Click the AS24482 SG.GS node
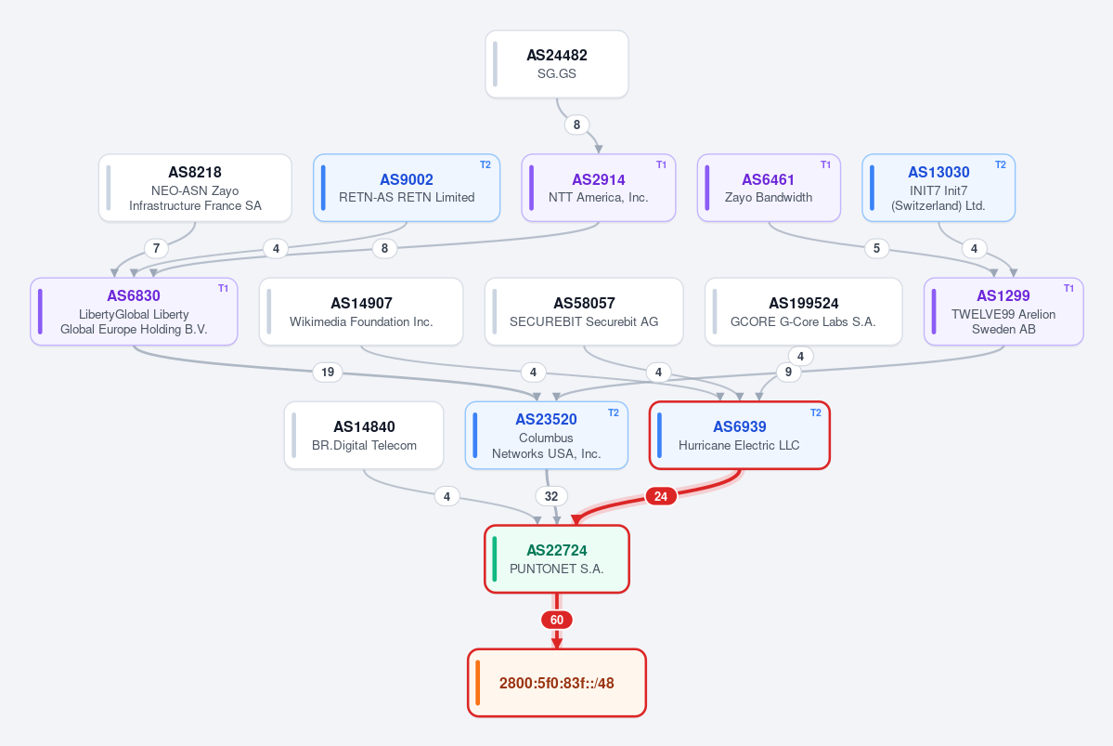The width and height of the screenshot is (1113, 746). click(x=557, y=64)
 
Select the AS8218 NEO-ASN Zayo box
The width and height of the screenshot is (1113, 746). click(x=195, y=188)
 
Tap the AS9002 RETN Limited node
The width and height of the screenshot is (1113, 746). click(x=407, y=188)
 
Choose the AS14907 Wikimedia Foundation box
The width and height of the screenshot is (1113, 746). click(x=361, y=311)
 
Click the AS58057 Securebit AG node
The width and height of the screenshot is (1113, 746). click(x=584, y=311)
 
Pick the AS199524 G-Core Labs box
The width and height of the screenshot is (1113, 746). click(x=804, y=311)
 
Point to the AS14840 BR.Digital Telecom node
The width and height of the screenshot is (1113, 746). click(x=364, y=436)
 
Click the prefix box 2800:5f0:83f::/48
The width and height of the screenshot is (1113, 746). click(x=557, y=683)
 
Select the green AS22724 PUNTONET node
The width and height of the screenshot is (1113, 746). click(x=557, y=559)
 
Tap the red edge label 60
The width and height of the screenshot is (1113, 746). click(x=557, y=621)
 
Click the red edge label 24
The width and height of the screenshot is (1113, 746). click(x=661, y=496)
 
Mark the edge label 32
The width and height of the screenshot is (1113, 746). click(x=551, y=496)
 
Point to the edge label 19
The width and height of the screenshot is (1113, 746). click(x=328, y=373)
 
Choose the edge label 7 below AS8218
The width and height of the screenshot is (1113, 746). click(x=156, y=248)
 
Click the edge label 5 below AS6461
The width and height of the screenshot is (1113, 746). click(x=876, y=248)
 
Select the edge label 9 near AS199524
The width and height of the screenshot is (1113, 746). click(x=788, y=373)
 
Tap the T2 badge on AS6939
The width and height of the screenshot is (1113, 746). click(x=816, y=412)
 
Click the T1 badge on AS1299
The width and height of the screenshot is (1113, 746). click(x=1068, y=288)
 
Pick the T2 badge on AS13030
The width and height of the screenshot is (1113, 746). click(x=1000, y=164)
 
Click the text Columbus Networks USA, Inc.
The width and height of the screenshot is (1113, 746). click(x=546, y=446)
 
